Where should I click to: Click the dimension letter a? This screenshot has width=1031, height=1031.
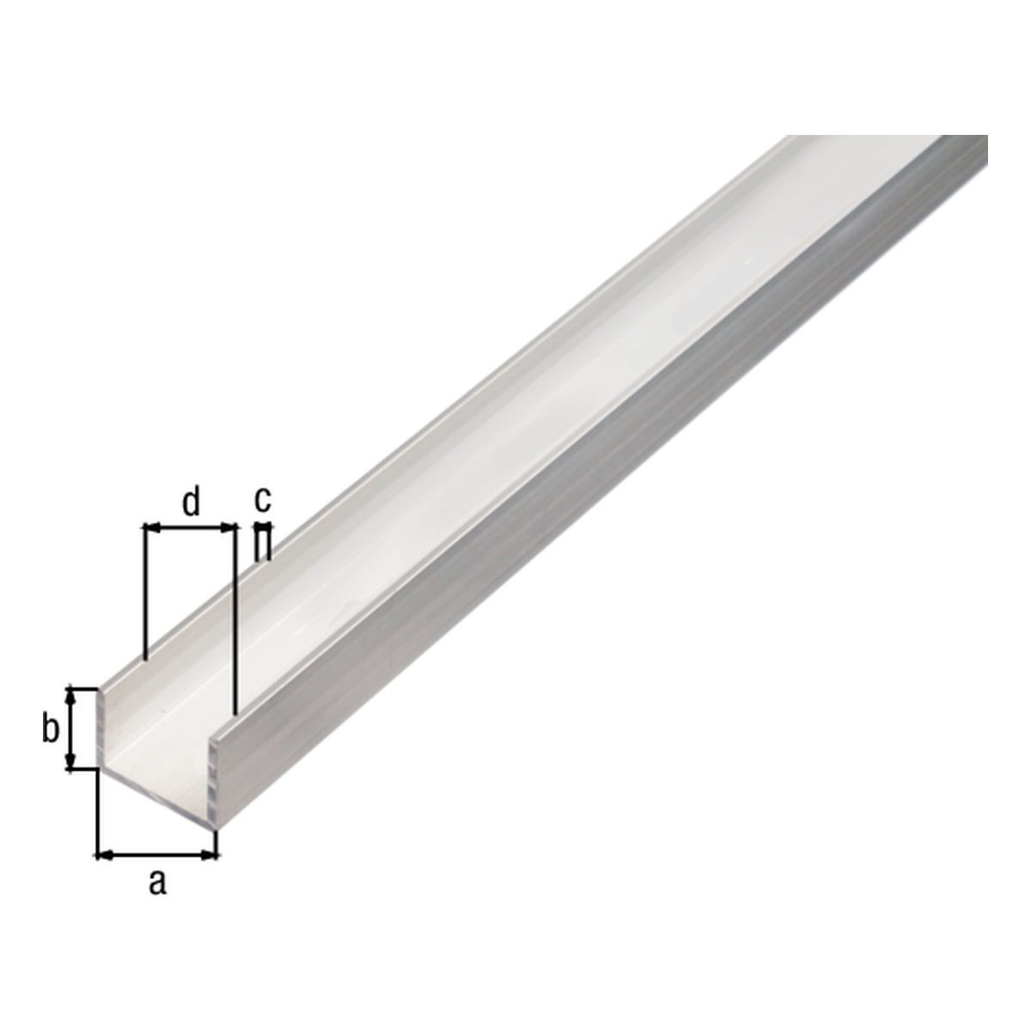(x=156, y=882)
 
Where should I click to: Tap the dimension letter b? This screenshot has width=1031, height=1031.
(x=51, y=729)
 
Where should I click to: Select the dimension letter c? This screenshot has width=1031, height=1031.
(x=263, y=500)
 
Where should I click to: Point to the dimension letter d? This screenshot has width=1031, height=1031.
(x=191, y=502)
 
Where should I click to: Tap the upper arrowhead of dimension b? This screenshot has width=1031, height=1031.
(x=70, y=698)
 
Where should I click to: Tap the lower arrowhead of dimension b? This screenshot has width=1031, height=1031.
(x=70, y=761)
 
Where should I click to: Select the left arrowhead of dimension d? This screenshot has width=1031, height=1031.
(x=152, y=528)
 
